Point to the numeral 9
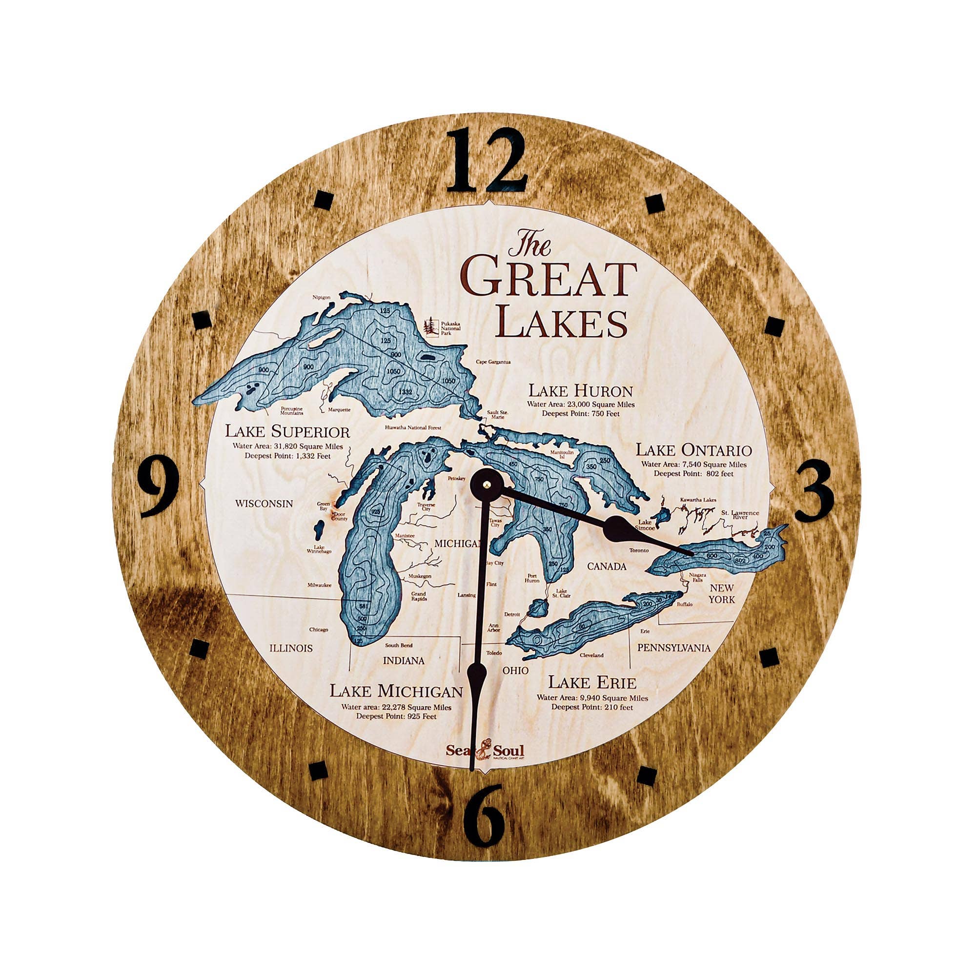click(159, 486)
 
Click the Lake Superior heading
click(287, 432)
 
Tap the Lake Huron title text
click(580, 391)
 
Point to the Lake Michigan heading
click(396, 691)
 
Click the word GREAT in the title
click(548, 279)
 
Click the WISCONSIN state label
click(264, 504)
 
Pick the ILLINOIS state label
click(290, 648)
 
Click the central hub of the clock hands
click(486, 484)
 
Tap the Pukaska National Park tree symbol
click(430, 326)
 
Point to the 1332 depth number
click(406, 391)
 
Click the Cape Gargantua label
click(493, 362)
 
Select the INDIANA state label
click(403, 660)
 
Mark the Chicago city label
click(318, 630)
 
